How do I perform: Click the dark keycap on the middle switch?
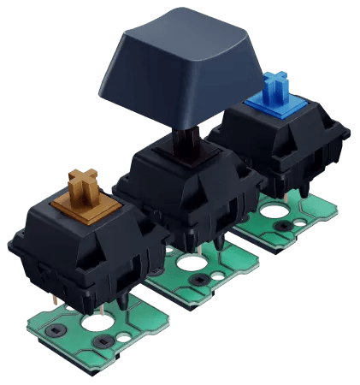pyautogui.click(x=180, y=73)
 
